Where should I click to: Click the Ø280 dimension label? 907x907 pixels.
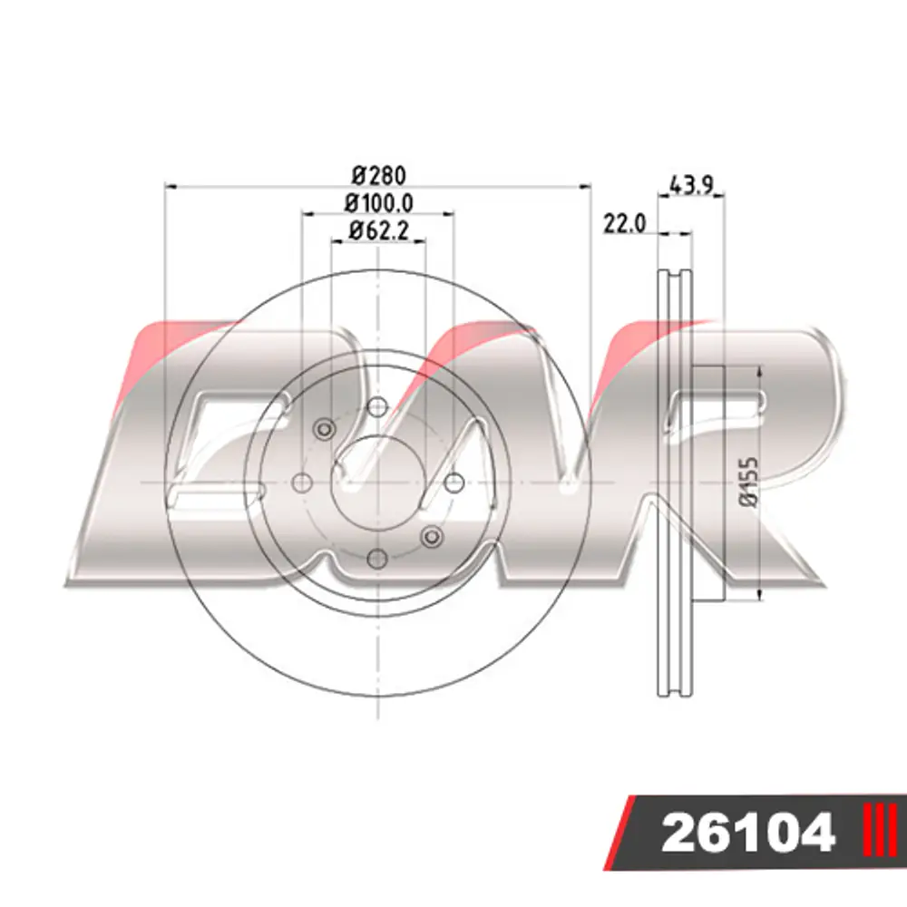tap(379, 175)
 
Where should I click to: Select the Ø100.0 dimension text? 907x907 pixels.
tap(379, 203)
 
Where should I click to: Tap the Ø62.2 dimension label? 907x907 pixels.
tap(379, 230)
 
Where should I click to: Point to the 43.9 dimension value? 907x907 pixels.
tap(692, 185)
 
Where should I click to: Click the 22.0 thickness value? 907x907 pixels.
tap(624, 224)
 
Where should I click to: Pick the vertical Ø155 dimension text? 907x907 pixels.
tap(750, 483)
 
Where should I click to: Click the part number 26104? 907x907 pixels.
tap(748, 833)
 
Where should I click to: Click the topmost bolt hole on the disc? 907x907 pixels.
tap(377, 406)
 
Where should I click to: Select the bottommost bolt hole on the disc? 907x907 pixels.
tap(377, 559)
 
